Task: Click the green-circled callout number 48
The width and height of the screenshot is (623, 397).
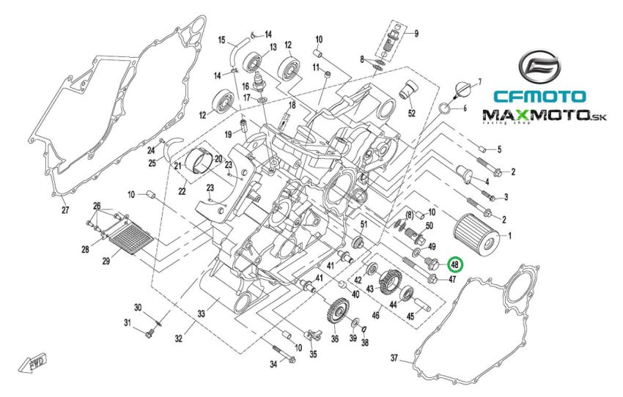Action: [454, 264]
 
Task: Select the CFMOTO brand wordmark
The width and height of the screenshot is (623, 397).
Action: [539, 96]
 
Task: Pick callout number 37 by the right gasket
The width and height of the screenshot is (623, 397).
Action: [394, 358]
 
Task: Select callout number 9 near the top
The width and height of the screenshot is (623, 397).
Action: [416, 34]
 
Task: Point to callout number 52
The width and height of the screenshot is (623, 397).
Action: [411, 114]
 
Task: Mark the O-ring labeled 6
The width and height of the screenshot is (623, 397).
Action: [444, 111]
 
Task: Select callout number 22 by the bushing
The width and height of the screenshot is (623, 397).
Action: [181, 192]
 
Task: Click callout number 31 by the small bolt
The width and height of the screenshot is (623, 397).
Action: [127, 323]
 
